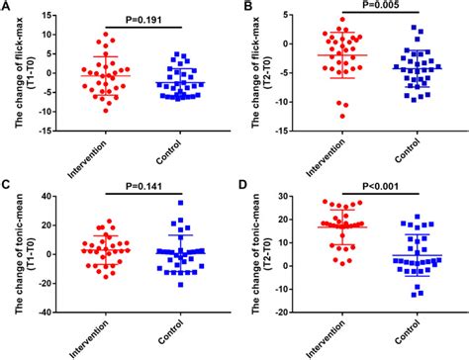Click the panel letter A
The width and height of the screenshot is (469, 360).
[6, 8]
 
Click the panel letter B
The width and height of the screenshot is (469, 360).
[243, 8]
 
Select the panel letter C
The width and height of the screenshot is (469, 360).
[6, 184]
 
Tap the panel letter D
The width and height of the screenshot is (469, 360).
[243, 184]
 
